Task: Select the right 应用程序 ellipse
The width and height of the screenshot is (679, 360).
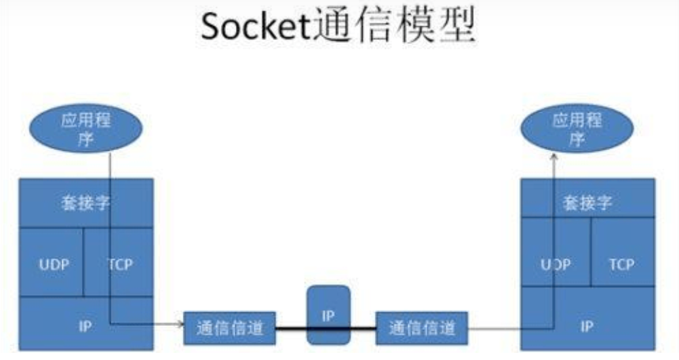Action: point(577,130)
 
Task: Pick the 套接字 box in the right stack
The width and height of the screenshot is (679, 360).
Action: point(587,203)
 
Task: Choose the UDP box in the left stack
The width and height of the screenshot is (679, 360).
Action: point(53,264)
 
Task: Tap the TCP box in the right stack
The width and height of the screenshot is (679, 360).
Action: point(621,264)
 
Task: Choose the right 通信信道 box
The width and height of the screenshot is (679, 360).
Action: point(421,327)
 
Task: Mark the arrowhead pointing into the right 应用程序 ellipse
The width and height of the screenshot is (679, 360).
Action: point(553,156)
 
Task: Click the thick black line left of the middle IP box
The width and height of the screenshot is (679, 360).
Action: point(290,327)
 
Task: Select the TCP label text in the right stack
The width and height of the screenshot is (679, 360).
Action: point(621,265)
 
